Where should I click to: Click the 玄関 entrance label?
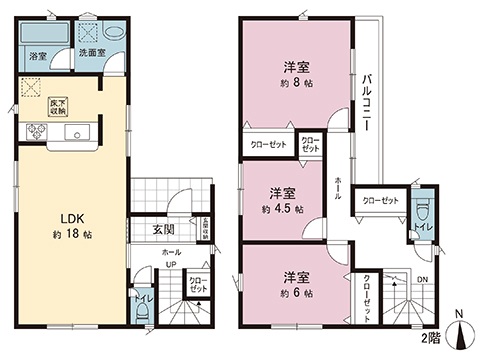164,230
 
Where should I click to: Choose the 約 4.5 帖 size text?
283,211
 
